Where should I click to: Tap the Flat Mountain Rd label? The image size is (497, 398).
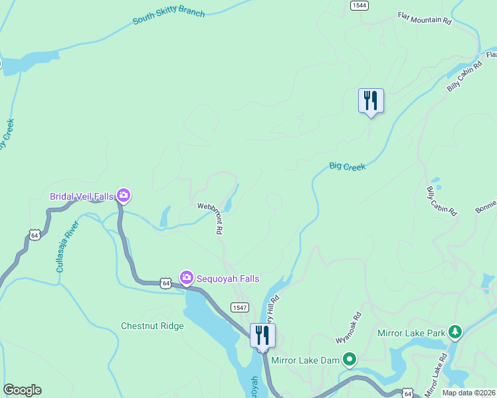(424, 18)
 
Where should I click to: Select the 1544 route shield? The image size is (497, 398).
(357, 5)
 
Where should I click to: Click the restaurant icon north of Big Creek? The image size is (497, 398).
(371, 100)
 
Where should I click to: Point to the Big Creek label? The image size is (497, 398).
(348, 166)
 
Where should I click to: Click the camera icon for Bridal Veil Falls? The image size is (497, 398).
(123, 195)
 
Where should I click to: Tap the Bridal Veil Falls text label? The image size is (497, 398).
(81, 196)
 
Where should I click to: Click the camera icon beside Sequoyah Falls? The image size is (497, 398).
(187, 277)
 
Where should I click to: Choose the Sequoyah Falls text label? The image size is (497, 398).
(228, 279)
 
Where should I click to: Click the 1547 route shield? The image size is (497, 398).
(239, 307)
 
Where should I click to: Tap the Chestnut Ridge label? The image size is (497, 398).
(152, 326)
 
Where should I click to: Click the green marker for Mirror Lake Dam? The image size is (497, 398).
(349, 360)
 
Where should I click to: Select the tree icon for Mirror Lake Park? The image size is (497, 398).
(454, 331)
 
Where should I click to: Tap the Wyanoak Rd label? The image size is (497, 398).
(348, 327)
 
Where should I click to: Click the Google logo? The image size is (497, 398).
(22, 390)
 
